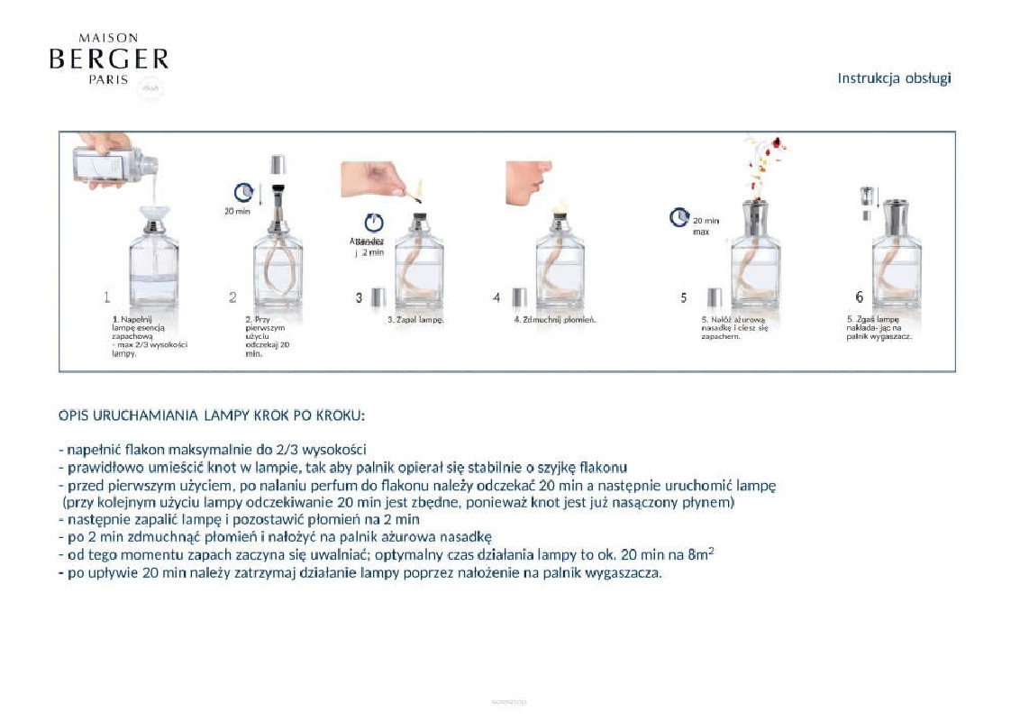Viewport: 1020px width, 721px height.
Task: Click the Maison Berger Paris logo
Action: [108, 59]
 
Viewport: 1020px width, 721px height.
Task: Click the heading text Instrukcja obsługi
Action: [894, 78]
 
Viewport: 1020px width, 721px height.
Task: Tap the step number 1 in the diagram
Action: [106, 297]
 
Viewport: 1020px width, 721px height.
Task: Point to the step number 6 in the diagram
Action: [859, 297]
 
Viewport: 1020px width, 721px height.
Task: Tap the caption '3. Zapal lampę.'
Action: [416, 320]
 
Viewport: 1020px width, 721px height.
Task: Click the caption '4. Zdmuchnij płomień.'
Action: [555, 320]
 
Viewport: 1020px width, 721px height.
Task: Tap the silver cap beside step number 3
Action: [379, 297]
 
